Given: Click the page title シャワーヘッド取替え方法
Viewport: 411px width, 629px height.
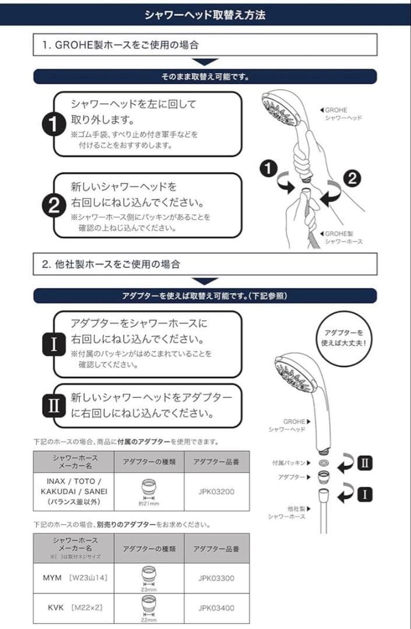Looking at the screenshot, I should coord(205,14).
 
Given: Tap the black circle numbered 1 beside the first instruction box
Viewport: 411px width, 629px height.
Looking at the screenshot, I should coord(54,123).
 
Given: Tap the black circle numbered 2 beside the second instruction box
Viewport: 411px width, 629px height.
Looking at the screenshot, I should coord(54,205).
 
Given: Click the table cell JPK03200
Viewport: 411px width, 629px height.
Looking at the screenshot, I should coord(216,490).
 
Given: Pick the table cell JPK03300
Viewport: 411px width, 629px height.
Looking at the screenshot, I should coord(216,579).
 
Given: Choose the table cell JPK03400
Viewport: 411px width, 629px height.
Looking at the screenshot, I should coord(216,608).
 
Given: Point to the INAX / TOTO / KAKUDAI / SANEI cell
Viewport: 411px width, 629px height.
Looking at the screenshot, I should coord(73,490).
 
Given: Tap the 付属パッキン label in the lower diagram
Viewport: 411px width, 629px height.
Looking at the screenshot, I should coord(289,462).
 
